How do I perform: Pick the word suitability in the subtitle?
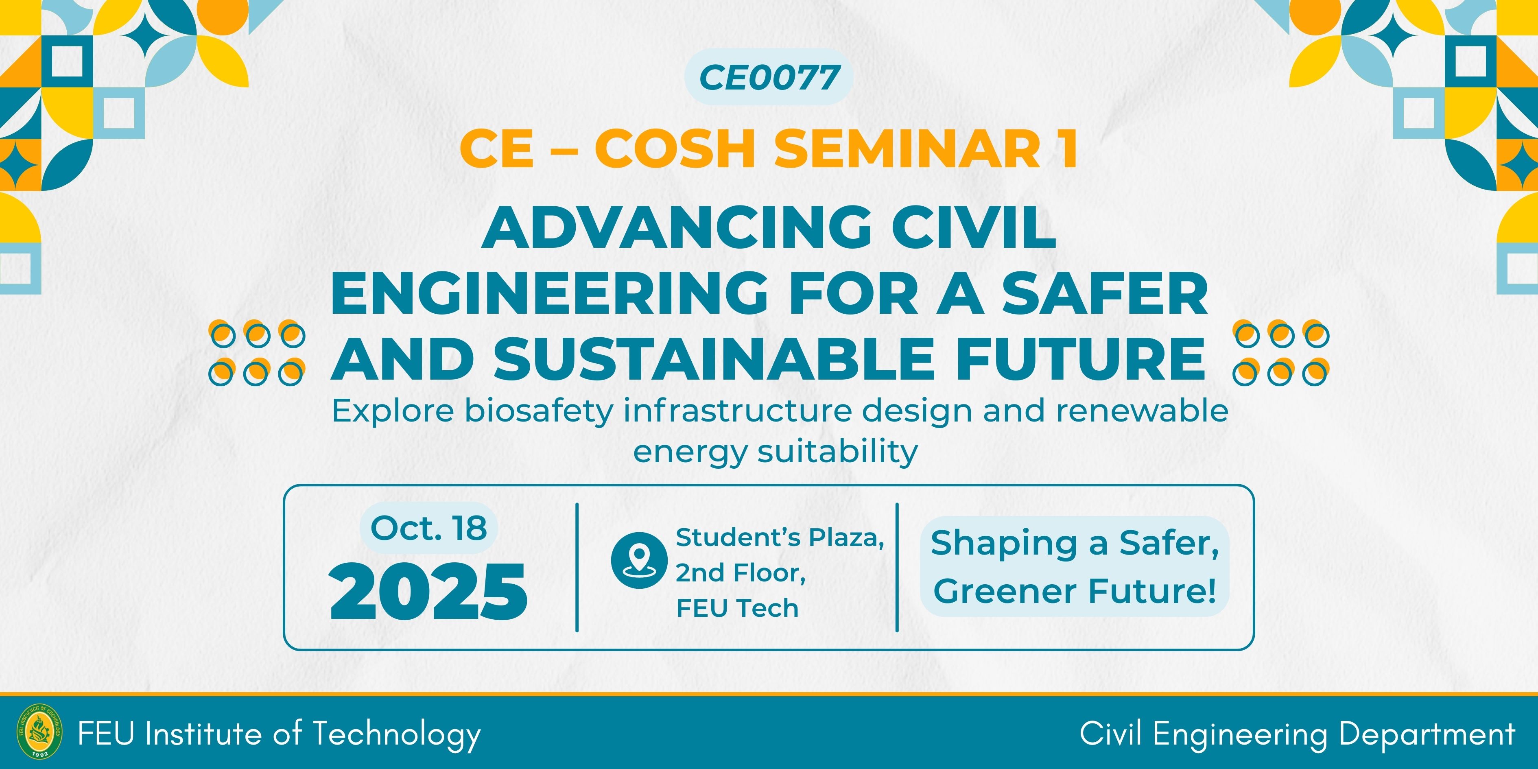coord(838,452)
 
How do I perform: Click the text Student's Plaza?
coord(780,537)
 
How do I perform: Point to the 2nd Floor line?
coord(741,573)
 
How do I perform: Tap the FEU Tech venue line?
coord(737,608)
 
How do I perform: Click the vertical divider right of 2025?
coord(577,567)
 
